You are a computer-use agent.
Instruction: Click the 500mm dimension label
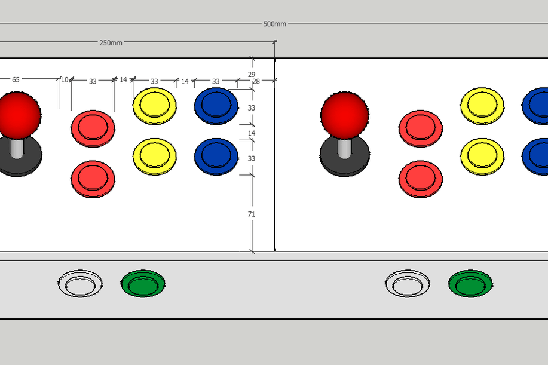click(275, 24)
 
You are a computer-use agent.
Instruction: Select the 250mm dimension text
click(111, 43)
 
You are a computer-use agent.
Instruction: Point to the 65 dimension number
click(16, 79)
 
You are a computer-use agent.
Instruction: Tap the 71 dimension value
click(251, 214)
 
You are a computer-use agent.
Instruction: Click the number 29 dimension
click(251, 75)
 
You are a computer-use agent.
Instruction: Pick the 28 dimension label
click(256, 81)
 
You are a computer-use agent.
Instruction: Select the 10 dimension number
click(65, 79)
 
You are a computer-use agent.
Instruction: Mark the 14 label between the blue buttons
click(252, 133)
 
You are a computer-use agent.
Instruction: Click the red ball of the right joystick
click(344, 115)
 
